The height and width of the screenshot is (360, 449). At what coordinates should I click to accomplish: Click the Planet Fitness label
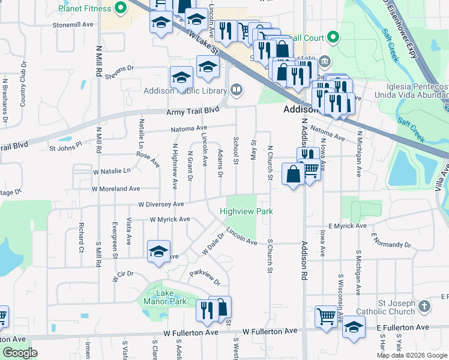[x=85, y=8]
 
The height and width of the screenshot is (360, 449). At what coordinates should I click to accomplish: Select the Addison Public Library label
[x=184, y=91]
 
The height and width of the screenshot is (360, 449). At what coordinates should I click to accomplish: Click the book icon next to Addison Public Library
[x=237, y=91]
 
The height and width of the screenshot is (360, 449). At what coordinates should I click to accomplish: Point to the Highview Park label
[x=246, y=211]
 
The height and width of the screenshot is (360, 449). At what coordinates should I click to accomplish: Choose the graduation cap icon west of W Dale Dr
[x=158, y=251]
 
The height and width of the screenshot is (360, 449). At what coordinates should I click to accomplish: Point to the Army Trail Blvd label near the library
[x=193, y=111]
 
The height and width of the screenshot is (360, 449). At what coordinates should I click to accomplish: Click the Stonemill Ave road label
[x=74, y=25]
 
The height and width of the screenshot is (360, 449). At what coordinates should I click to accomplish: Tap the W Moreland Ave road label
[x=116, y=188]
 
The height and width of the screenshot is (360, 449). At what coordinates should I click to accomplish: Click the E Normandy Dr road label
[x=390, y=241]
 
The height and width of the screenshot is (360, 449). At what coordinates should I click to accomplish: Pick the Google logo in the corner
[x=20, y=353]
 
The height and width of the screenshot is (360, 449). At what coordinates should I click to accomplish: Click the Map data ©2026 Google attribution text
[x=411, y=355]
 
